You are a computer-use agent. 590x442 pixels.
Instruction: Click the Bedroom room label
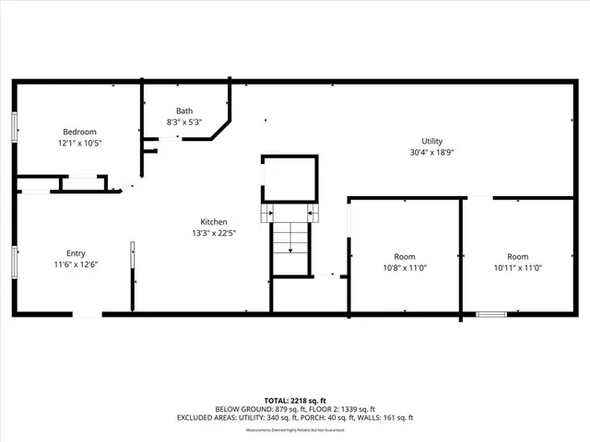pyautogui.click(x=79, y=132)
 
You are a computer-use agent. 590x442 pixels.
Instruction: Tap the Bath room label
pyautogui.click(x=184, y=111)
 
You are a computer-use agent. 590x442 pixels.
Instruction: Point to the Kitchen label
pyautogui.click(x=214, y=221)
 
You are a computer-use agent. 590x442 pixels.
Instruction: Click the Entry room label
pyautogui.click(x=76, y=253)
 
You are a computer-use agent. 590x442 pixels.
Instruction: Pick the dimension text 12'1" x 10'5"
pyautogui.click(x=79, y=144)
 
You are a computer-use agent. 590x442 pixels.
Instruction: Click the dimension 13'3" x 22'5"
pyautogui.click(x=214, y=233)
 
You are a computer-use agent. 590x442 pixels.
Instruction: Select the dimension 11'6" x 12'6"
pyautogui.click(x=76, y=265)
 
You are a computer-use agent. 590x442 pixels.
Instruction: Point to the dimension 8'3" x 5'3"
pyautogui.click(x=184, y=122)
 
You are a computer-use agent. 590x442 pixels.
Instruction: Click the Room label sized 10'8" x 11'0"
pyautogui.click(x=404, y=256)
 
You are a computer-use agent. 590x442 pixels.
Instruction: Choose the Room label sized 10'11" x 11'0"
pyautogui.click(x=517, y=256)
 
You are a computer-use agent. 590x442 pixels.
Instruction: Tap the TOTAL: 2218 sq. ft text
pyautogui.click(x=295, y=400)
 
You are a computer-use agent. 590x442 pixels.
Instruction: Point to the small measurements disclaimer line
pyautogui.click(x=295, y=429)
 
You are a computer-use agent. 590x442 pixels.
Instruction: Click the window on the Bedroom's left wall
pyautogui.click(x=14, y=127)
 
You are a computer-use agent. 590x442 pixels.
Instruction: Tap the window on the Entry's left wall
pyautogui.click(x=14, y=261)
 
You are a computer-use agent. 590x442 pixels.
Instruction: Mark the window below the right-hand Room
pyautogui.click(x=490, y=315)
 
